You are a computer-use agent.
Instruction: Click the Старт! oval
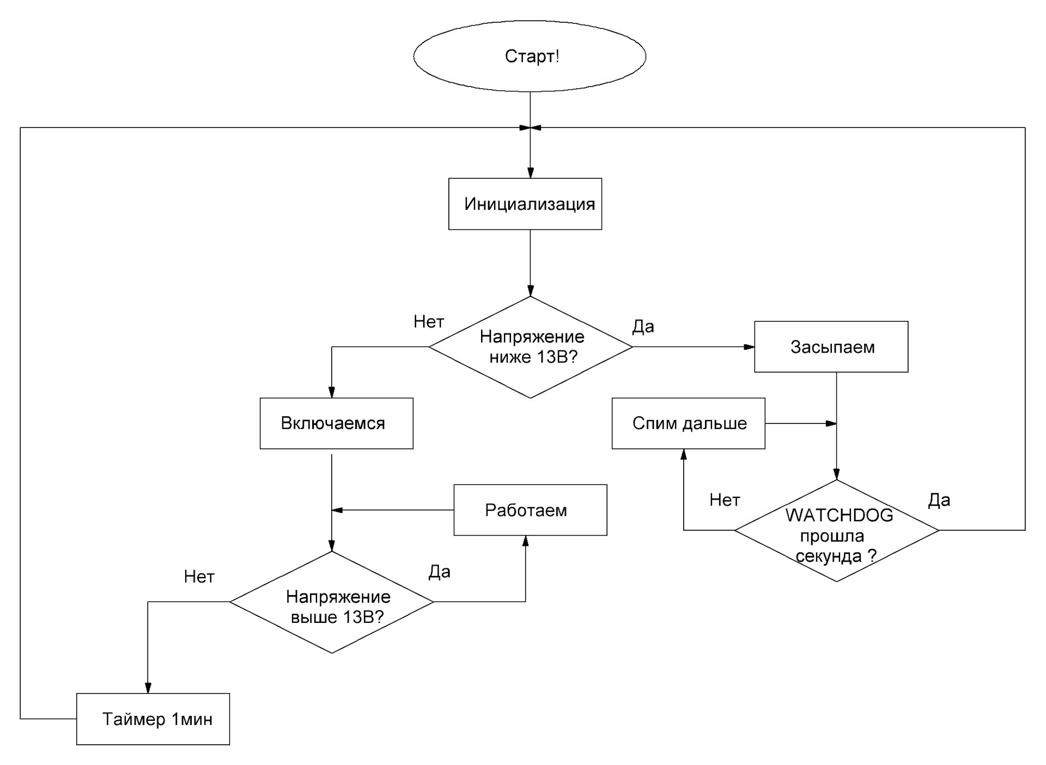pyautogui.click(x=530, y=56)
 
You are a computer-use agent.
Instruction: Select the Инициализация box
pyautogui.click(x=525, y=204)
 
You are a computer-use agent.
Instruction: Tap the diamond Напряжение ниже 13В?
pyautogui.click(x=531, y=347)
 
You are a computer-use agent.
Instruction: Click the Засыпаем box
pyautogui.click(x=831, y=347)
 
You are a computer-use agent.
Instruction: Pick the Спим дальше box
pyautogui.click(x=689, y=423)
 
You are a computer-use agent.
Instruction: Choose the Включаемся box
pyautogui.click(x=337, y=423)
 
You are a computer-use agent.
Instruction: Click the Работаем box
pyautogui.click(x=530, y=510)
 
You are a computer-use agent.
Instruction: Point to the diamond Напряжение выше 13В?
pyautogui.click(x=332, y=602)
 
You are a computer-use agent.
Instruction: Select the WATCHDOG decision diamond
pyautogui.click(x=837, y=531)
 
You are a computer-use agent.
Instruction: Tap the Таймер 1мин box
pyautogui.click(x=153, y=719)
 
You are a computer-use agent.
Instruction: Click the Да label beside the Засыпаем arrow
pyautogui.click(x=643, y=326)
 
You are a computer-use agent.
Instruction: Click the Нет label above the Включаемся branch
pyautogui.click(x=429, y=322)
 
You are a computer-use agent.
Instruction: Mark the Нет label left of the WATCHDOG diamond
pyautogui.click(x=725, y=500)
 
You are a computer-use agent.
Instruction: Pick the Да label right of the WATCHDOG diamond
pyautogui.click(x=939, y=500)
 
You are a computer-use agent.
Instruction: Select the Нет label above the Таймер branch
pyautogui.click(x=199, y=576)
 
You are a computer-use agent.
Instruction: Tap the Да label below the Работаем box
pyautogui.click(x=439, y=572)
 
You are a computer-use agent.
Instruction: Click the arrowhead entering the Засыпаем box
pyautogui.click(x=750, y=347)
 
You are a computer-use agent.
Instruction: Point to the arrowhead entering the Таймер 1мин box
pyautogui.click(x=148, y=688)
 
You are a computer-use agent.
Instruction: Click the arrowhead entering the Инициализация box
pyautogui.click(x=531, y=173)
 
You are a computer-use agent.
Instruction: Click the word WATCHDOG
pyautogui.click(x=839, y=515)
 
